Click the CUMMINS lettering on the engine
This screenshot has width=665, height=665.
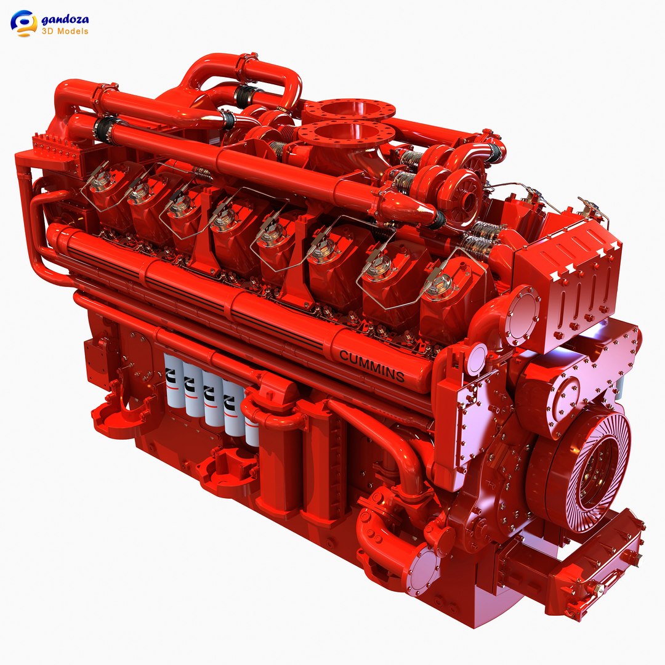point(372,365)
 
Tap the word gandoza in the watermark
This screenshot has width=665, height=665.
point(65,19)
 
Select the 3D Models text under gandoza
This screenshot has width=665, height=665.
point(65,31)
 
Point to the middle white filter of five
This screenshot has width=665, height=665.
point(214,400)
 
